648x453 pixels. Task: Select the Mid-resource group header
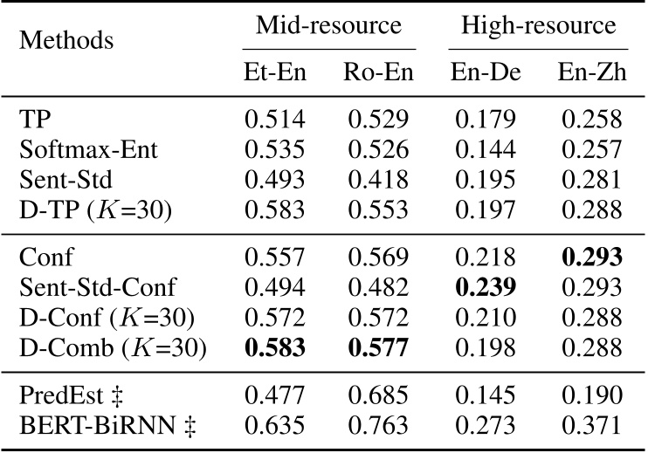click(x=328, y=25)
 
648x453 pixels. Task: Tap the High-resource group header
click(x=539, y=25)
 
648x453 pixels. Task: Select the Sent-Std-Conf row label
click(x=100, y=289)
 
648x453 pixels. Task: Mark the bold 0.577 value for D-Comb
click(x=377, y=349)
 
